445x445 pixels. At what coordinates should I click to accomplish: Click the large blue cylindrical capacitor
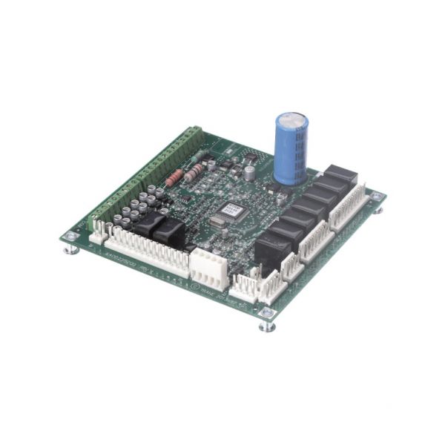tap(291, 148)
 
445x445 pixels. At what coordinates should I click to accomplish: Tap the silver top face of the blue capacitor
tap(291, 121)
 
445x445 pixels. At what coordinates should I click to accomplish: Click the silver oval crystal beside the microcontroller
tap(217, 220)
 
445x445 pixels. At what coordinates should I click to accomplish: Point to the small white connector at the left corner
tap(96, 231)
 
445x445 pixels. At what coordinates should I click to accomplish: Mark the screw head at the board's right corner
tap(377, 197)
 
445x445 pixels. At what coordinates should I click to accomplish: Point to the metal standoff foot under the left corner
tap(71, 250)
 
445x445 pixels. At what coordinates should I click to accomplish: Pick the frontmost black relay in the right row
tap(271, 248)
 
